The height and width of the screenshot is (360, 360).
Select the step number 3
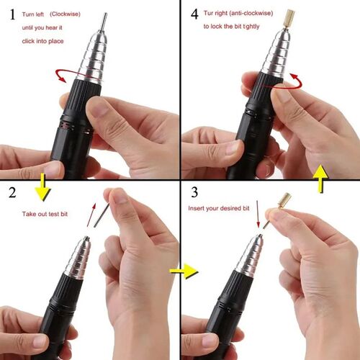coord(192,193)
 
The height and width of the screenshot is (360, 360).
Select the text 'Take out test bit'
coord(46,214)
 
